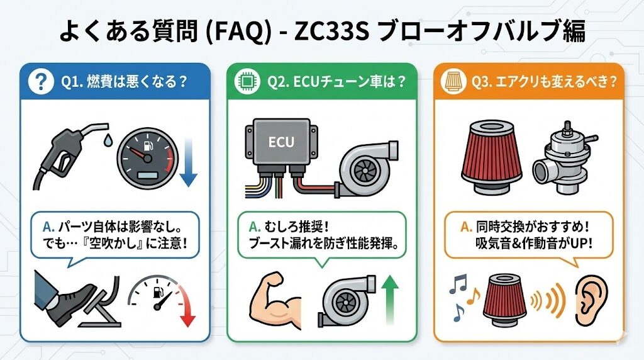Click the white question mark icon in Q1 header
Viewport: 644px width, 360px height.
[41, 81]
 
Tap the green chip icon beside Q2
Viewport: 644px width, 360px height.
[248, 81]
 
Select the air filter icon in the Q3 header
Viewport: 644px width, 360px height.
[453, 81]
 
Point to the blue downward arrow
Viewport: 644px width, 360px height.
[189, 162]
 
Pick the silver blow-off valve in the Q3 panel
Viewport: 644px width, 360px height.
[565, 158]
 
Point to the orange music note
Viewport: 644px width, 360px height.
[474, 295]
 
